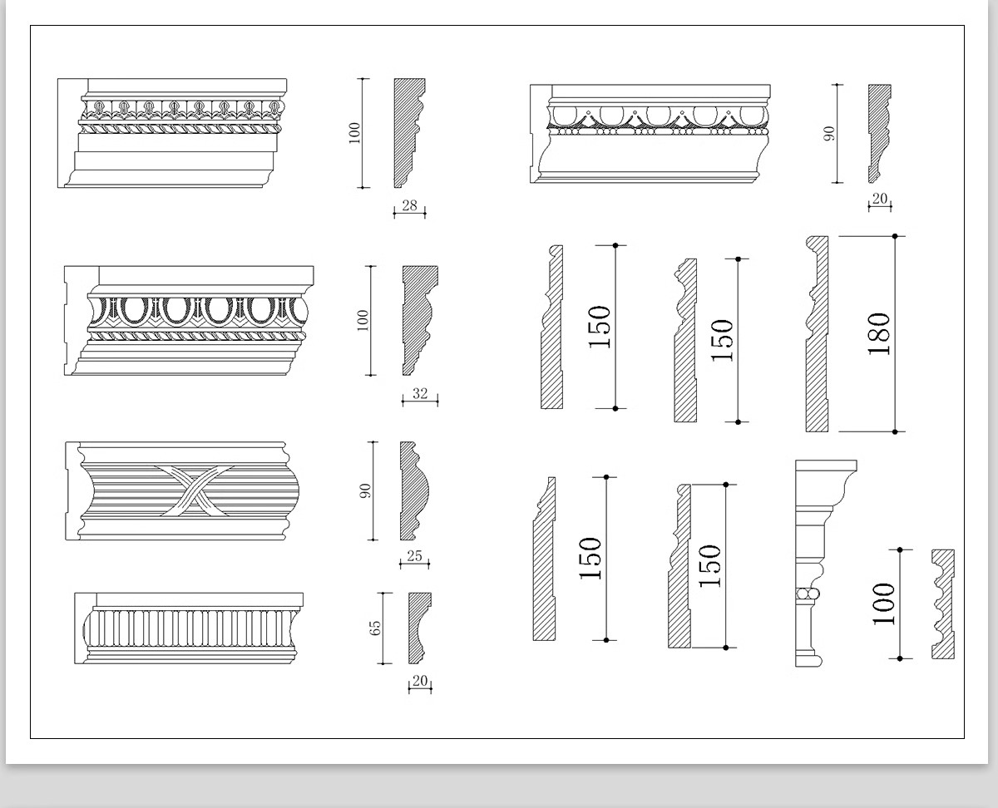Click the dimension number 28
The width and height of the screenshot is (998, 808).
click(x=409, y=205)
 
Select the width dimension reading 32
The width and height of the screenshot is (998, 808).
click(x=420, y=394)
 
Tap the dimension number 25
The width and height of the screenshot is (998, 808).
click(x=414, y=556)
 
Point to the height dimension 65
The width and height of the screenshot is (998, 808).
click(x=375, y=627)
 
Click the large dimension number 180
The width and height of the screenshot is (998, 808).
click(x=879, y=334)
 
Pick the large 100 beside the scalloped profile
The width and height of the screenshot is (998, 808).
click(x=883, y=604)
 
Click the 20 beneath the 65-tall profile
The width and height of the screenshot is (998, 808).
click(x=420, y=682)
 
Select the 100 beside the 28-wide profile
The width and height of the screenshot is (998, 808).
click(x=355, y=133)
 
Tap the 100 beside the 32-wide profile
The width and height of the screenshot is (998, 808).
click(x=363, y=321)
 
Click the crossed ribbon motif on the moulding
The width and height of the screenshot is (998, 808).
click(x=192, y=490)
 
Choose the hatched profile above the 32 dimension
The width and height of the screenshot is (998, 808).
click(x=417, y=320)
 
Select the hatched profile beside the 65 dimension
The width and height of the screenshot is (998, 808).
click(x=417, y=628)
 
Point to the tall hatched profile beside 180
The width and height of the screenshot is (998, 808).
click(x=817, y=334)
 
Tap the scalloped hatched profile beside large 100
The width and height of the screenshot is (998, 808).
click(x=942, y=604)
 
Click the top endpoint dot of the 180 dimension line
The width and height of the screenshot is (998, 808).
click(x=895, y=236)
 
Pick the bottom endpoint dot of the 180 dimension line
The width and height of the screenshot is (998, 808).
click(x=895, y=431)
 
